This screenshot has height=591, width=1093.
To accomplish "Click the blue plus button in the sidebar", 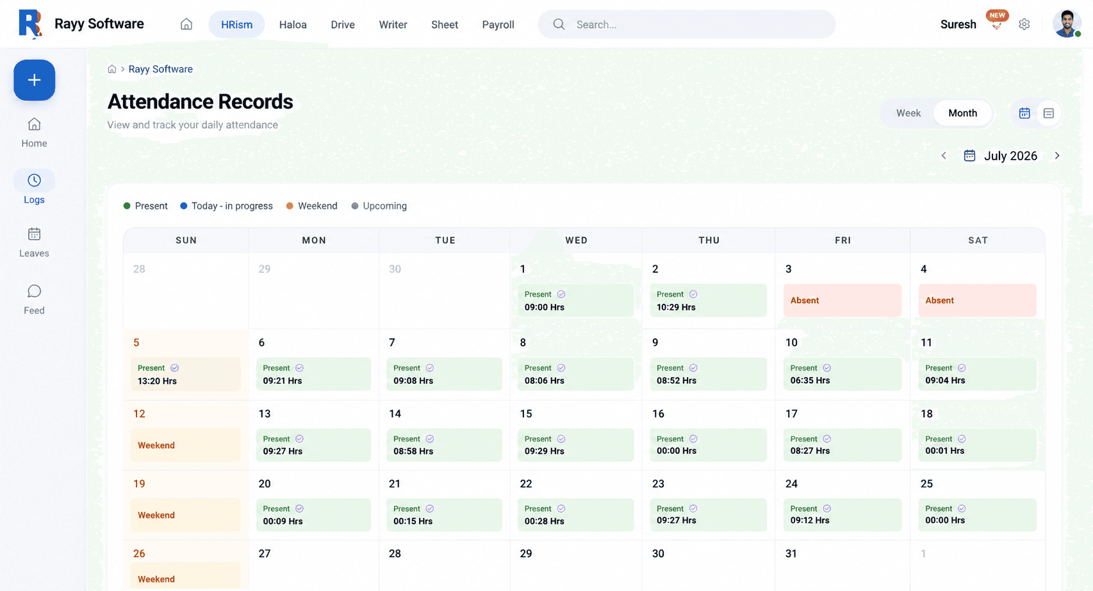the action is pos(34,80).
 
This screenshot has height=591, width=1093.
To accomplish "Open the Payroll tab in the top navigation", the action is pos(498,24).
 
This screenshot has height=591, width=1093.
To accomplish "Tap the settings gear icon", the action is pos(1024,24).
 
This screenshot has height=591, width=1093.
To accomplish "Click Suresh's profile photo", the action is pos(1066,24).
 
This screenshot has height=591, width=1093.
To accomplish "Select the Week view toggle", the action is pos(908,113).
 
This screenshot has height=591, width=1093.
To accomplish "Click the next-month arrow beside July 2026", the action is pos(1057,156).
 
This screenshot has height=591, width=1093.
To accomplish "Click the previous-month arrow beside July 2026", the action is pos(944,156).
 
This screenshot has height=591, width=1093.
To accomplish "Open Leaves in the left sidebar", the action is pos(34,242).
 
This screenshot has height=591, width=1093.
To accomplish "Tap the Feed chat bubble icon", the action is pos(34,292).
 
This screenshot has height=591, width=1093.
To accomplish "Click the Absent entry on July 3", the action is pos(842,300).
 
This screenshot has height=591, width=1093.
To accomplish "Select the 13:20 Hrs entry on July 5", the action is pos(185,374).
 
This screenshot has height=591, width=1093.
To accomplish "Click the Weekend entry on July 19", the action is pos(185,515).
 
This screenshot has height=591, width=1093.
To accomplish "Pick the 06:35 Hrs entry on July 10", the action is pos(842,374).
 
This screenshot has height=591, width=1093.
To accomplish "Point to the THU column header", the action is pos(709,240).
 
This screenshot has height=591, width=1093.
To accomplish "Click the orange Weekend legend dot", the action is pos(290,206).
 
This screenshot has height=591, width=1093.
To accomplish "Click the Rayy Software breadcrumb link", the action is pos(161,69).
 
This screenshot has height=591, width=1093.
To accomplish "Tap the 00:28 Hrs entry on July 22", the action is pos(576,515).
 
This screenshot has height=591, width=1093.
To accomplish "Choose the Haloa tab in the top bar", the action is pos(293,24).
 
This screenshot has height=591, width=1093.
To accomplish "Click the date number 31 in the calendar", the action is pos(791,553).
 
